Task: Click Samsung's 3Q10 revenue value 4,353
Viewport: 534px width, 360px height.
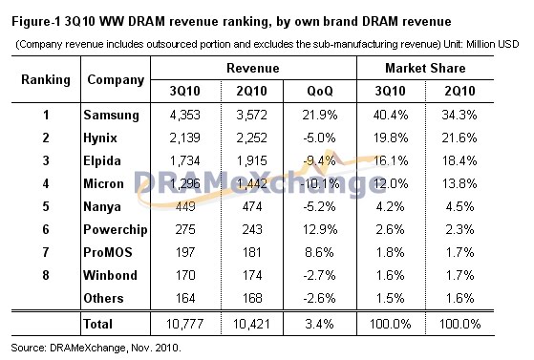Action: tap(185, 115)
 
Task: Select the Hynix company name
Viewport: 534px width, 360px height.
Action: tap(100, 138)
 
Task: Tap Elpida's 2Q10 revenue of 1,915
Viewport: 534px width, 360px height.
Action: tap(251, 160)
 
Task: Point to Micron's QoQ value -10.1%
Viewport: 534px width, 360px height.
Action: tap(320, 184)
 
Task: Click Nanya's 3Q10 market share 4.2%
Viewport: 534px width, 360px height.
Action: tap(391, 206)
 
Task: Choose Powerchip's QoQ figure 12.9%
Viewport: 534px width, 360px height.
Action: tap(320, 229)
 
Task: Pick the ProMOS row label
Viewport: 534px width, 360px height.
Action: tap(108, 252)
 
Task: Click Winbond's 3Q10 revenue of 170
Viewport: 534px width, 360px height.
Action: tap(185, 275)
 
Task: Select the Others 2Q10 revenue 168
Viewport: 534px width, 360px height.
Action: tap(251, 298)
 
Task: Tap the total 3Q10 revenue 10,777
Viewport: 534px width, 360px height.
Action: tap(185, 324)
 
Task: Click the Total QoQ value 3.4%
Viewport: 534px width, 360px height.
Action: tap(319, 324)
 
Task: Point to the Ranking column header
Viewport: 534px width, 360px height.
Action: tap(46, 79)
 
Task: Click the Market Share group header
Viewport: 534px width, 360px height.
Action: tap(425, 68)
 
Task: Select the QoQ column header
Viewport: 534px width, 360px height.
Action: tap(320, 91)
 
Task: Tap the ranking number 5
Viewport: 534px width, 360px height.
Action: tap(46, 206)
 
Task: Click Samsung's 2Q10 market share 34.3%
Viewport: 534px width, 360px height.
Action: tap(459, 115)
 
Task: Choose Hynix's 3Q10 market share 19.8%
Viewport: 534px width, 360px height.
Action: tap(391, 138)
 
